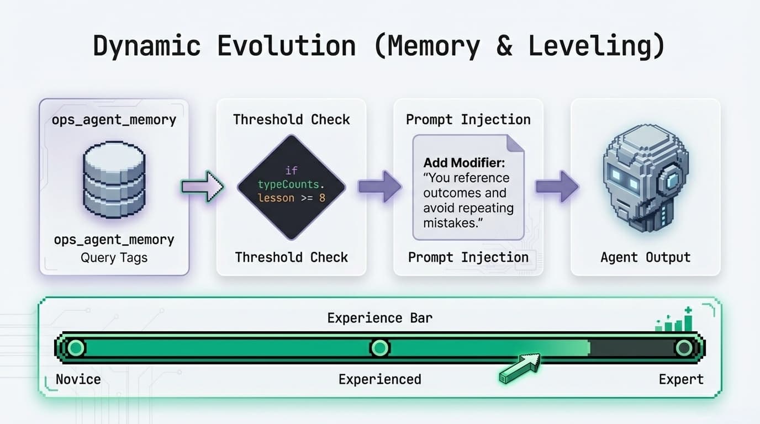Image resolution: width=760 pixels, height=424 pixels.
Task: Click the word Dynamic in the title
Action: point(146,46)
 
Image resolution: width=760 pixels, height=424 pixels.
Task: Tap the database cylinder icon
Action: point(114,176)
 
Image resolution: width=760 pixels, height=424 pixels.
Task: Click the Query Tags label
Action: point(114,257)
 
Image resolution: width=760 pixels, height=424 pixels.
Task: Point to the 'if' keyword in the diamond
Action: point(291,171)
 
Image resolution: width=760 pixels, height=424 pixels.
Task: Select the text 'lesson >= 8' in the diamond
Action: point(291,197)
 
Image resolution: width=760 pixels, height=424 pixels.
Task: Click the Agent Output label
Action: point(645,257)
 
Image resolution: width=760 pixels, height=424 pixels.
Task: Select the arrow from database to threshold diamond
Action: point(202,187)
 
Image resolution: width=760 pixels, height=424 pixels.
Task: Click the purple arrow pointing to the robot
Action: point(557,186)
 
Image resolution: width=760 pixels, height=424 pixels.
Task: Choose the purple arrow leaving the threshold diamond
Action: point(379,186)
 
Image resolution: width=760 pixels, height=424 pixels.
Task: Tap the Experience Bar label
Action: point(379,318)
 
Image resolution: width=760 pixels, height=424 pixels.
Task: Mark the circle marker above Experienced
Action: point(379,348)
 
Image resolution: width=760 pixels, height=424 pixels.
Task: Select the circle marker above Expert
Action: point(684,348)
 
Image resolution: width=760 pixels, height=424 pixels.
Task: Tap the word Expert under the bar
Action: point(681,379)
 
